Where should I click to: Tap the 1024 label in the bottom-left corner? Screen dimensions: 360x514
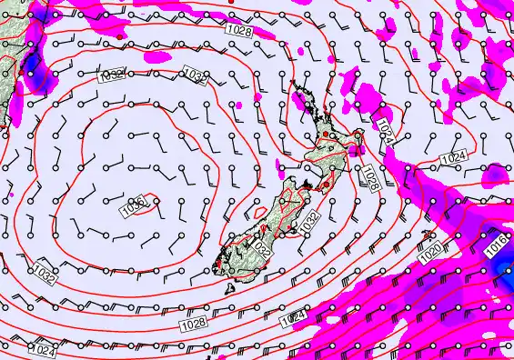point(43,349)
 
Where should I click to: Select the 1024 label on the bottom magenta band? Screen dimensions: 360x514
point(293,318)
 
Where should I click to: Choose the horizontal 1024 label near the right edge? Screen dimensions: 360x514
point(454,158)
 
